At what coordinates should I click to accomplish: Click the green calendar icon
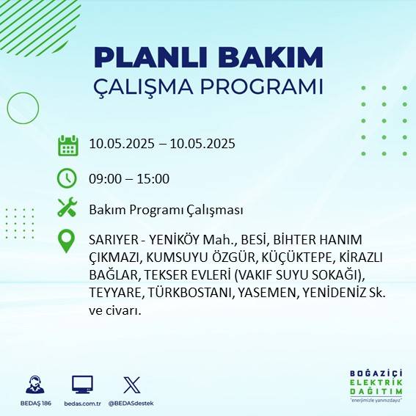(67, 145)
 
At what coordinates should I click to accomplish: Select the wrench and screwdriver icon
(67, 208)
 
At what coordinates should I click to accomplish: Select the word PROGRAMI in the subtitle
(263, 87)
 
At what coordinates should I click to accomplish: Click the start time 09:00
(104, 178)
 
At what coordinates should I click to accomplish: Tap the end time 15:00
(154, 178)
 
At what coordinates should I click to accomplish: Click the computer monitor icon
(82, 385)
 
